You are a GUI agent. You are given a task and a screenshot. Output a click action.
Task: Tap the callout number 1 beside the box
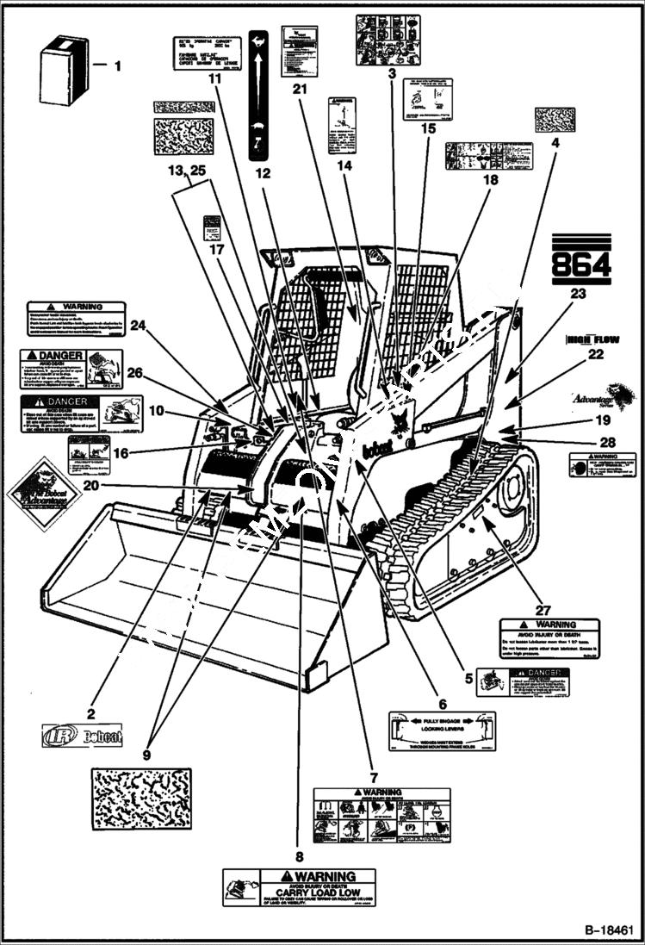(119, 65)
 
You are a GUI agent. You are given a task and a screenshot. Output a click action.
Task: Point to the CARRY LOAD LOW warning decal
(299, 887)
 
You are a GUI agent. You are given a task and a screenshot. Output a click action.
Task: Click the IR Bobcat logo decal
(83, 734)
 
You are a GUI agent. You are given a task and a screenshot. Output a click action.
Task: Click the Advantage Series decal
(601, 397)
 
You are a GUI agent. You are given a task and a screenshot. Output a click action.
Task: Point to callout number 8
(299, 857)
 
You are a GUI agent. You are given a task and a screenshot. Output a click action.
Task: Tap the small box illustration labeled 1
(64, 75)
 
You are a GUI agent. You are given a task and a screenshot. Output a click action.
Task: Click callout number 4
(555, 144)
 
